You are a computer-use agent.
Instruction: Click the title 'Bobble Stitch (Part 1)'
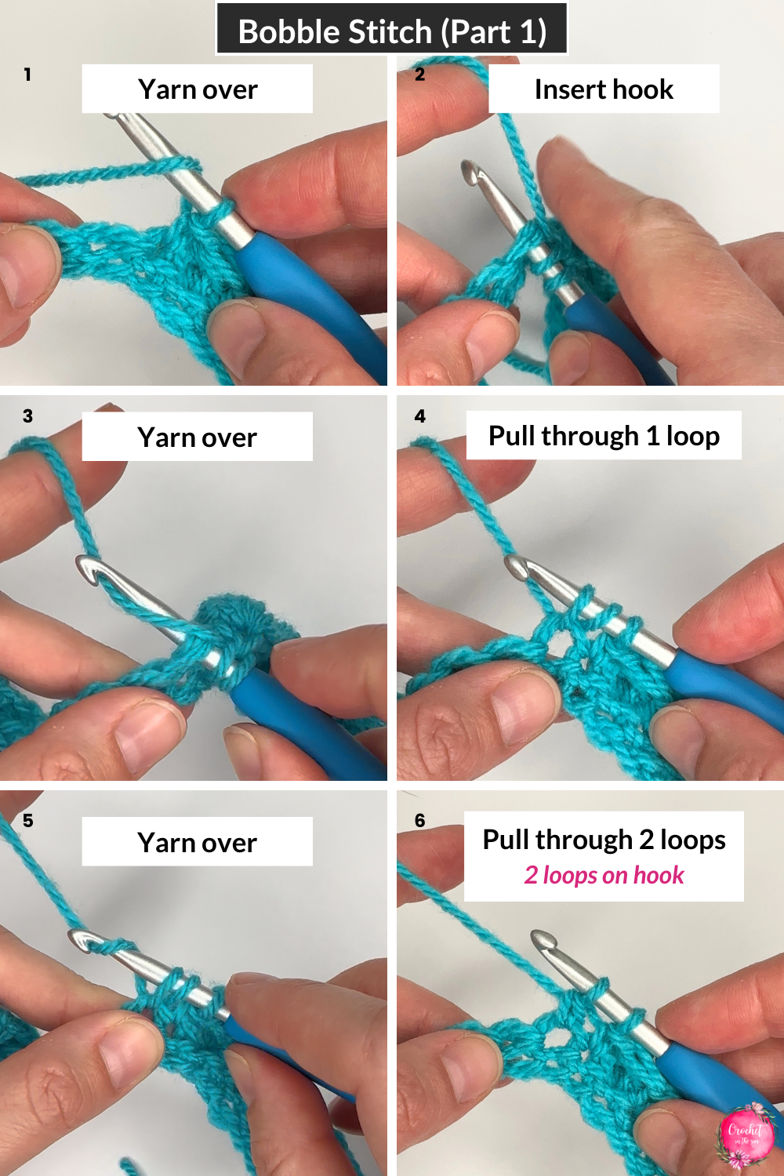(391, 31)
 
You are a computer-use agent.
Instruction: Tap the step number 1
(27, 74)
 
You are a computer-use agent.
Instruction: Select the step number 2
(419, 74)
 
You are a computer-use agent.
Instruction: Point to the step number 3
(27, 416)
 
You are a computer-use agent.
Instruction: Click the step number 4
(420, 416)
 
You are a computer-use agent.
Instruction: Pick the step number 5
(27, 820)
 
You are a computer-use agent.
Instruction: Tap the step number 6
(420, 820)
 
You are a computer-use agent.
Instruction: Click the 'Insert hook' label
(604, 89)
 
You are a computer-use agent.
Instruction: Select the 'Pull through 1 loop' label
(604, 435)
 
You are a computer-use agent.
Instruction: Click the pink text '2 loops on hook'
(604, 875)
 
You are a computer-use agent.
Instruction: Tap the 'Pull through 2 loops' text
(604, 840)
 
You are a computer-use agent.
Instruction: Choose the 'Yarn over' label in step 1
(198, 89)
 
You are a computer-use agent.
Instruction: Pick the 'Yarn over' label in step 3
(198, 437)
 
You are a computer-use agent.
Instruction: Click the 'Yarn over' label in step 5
(198, 842)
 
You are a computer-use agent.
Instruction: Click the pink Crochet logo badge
(745, 1134)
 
